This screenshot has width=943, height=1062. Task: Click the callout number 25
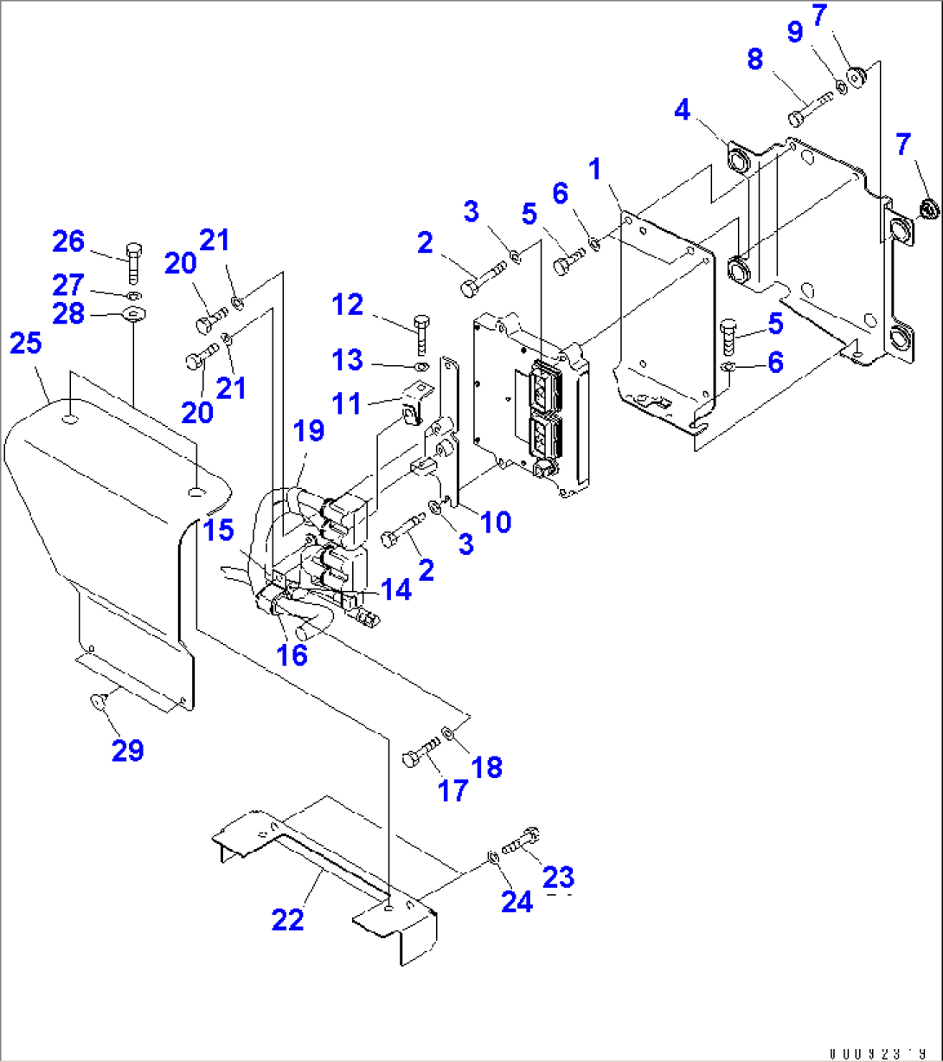[x=25, y=344]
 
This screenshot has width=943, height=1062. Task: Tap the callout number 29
[x=127, y=750]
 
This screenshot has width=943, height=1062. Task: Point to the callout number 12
[x=350, y=304]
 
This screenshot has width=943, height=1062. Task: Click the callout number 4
[x=683, y=111]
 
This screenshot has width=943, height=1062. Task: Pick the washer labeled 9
[x=840, y=87]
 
